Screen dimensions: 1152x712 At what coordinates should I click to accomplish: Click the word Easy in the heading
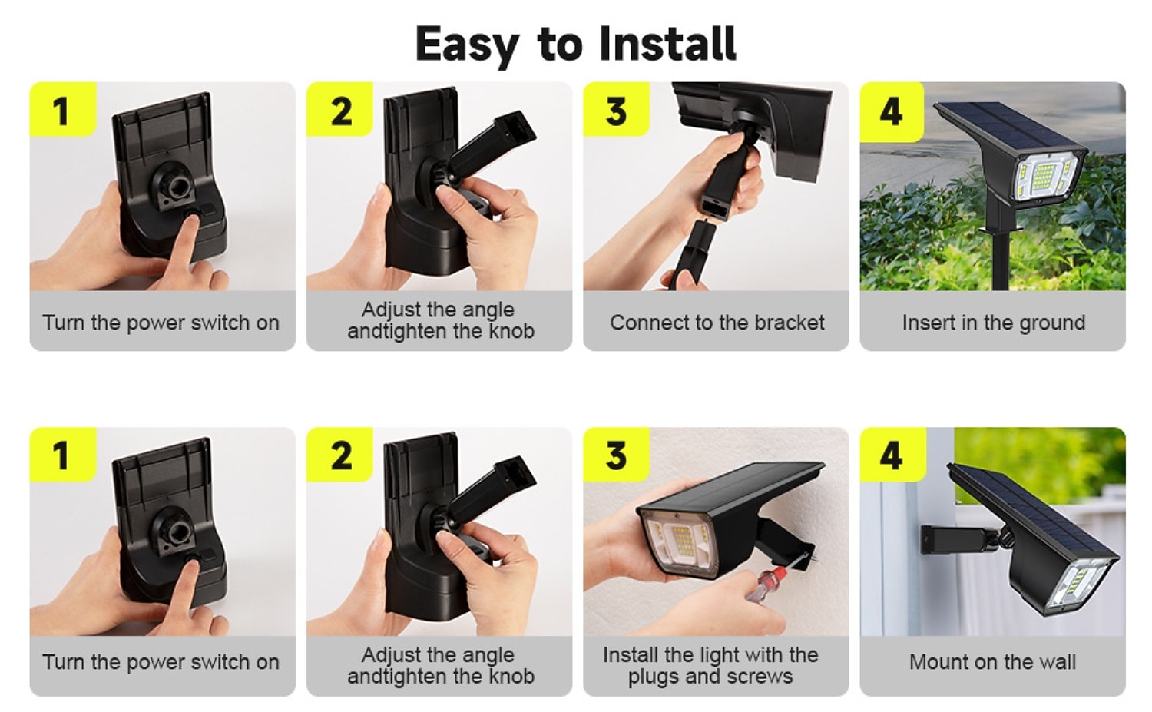pyautogui.click(x=467, y=45)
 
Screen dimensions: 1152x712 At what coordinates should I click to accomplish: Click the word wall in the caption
pyautogui.click(x=1057, y=661)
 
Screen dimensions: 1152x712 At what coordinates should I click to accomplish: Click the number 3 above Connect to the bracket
pyautogui.click(x=616, y=111)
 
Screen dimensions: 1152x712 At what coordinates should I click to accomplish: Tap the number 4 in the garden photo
pyautogui.click(x=891, y=111)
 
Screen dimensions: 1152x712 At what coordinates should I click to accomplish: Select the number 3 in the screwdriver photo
pyautogui.click(x=616, y=455)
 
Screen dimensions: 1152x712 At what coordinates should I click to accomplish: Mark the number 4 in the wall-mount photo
pyautogui.click(x=891, y=455)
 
